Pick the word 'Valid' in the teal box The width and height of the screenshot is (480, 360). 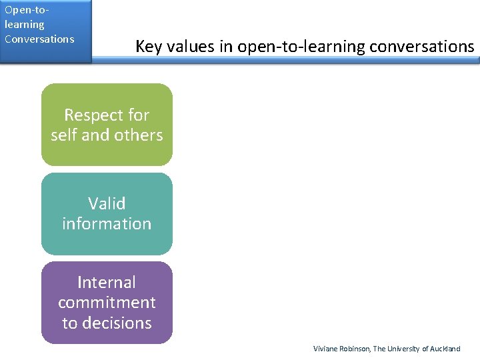107,203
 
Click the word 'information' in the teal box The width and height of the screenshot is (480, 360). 107,223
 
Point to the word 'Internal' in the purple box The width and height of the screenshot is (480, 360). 107,282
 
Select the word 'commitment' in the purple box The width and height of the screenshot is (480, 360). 107,302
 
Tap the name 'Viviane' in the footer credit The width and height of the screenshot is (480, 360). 326,349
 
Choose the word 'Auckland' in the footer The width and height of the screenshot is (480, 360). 445,349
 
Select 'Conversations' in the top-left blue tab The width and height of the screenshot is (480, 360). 39,39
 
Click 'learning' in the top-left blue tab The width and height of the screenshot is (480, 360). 24,25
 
